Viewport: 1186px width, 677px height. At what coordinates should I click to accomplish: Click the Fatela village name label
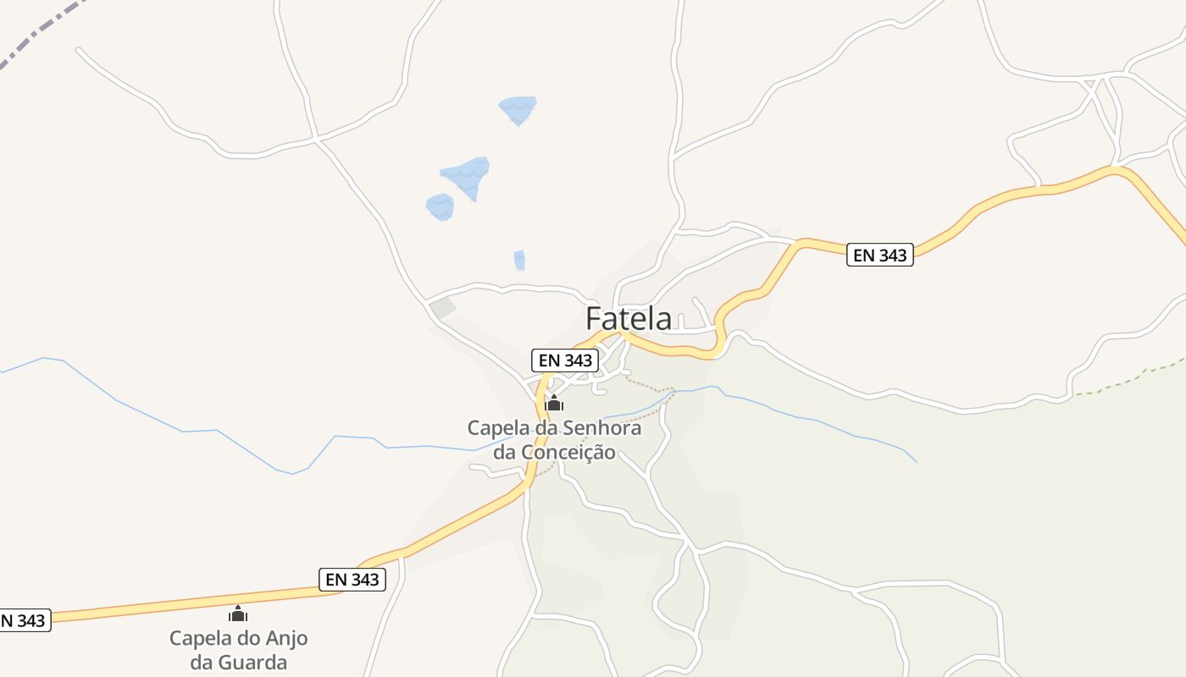(x=629, y=319)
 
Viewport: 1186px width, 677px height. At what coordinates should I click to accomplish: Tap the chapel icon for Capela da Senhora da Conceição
(x=554, y=404)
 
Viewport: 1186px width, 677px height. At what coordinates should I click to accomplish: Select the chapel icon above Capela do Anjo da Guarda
(x=238, y=614)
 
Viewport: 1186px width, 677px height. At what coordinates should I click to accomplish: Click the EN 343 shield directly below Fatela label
(x=565, y=360)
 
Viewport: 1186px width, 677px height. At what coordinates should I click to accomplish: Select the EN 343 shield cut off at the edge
(x=24, y=621)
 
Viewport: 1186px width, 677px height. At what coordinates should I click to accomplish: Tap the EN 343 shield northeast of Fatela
(x=880, y=255)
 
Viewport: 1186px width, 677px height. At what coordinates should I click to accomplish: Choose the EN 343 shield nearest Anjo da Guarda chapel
(x=352, y=580)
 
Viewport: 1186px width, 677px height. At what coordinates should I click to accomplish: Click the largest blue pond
(x=467, y=174)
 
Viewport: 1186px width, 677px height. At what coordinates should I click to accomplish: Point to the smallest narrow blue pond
(x=519, y=260)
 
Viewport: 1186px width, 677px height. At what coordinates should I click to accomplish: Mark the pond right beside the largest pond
(x=440, y=206)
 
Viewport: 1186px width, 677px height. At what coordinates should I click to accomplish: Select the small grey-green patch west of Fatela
(x=442, y=309)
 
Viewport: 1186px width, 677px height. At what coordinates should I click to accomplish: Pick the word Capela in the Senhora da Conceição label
(x=496, y=428)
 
